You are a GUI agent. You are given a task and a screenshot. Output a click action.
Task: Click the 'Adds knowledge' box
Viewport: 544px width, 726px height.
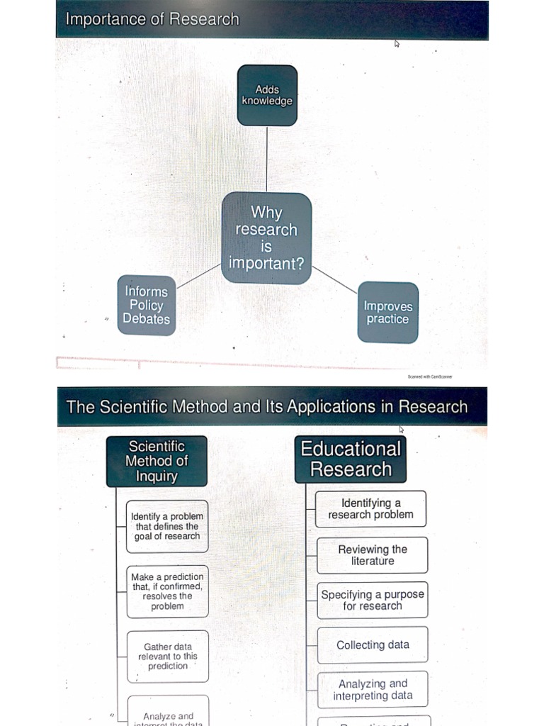[x=267, y=95]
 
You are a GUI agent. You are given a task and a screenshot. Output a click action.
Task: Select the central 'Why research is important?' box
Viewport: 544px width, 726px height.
[x=266, y=238]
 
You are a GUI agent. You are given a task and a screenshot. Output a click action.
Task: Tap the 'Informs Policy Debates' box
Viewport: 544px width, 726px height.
[x=147, y=305]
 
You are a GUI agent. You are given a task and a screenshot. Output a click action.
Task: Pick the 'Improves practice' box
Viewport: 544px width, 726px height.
[x=387, y=313]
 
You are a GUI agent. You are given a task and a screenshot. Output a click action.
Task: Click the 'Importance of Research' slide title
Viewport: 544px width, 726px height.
[x=152, y=19]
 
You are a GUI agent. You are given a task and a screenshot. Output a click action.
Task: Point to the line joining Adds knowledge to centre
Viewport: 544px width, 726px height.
[x=267, y=159]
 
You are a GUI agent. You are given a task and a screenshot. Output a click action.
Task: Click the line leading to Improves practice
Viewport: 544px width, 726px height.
[x=334, y=280]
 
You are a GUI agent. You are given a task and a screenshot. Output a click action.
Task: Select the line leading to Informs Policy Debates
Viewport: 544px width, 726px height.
[x=199, y=276]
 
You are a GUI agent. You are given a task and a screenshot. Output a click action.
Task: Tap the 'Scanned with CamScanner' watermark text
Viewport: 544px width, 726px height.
[x=430, y=376]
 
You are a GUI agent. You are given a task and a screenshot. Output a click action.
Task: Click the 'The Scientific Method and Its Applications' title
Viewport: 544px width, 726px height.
[x=266, y=407]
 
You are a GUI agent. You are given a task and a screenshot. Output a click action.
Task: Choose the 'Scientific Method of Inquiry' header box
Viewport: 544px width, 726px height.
[x=157, y=461]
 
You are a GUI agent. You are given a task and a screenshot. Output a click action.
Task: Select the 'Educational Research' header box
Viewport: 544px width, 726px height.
[x=351, y=459]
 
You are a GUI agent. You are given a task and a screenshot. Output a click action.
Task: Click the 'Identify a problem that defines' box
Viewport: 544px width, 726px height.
[x=167, y=526]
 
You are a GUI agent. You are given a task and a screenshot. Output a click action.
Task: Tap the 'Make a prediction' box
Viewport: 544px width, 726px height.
[x=168, y=591]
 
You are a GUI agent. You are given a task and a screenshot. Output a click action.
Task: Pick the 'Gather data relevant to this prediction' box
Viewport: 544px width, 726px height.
[x=168, y=656]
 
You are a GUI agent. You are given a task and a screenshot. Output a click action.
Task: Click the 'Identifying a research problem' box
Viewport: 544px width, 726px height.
[x=370, y=508]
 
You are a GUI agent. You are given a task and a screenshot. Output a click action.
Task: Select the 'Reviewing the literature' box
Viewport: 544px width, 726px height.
[x=373, y=555]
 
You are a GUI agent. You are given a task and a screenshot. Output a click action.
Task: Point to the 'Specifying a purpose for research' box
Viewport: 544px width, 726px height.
[x=373, y=600]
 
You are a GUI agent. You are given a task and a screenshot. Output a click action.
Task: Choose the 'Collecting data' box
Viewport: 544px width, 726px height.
[x=373, y=645]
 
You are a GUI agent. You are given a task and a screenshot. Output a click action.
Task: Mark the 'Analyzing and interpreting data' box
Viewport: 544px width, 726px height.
[x=373, y=690]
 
